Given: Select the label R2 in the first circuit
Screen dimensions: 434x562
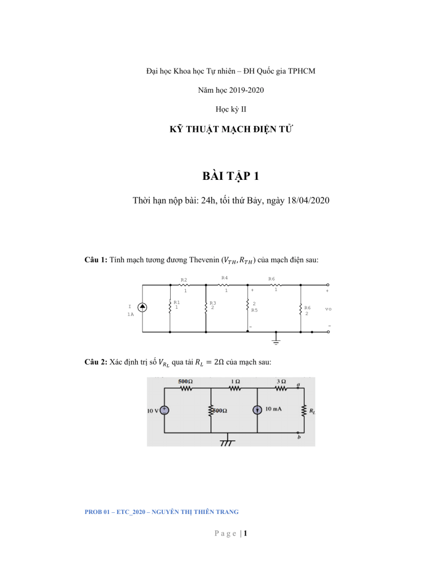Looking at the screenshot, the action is pos(184,279).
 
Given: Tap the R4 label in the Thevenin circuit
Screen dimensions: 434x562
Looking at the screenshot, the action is pos(224,278).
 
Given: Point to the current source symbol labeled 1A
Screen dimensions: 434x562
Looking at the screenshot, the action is pos(143,307).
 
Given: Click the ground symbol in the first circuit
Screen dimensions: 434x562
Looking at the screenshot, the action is pos(276,340).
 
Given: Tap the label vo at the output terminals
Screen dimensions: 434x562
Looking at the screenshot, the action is pos(328,309).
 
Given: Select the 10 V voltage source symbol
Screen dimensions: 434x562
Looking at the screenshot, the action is pos(164,410).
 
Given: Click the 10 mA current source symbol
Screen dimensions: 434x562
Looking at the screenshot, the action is pos(258,410).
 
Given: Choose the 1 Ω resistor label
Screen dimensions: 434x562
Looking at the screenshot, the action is pos(233,381).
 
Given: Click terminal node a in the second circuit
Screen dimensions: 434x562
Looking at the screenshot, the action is pos(298,387).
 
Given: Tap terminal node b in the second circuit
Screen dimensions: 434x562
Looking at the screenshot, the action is pos(298,433).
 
